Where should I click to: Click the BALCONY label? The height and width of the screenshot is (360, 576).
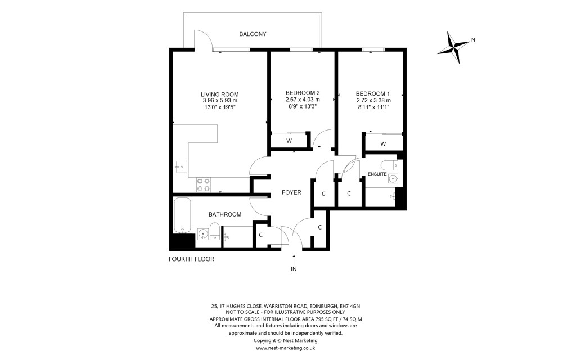253,34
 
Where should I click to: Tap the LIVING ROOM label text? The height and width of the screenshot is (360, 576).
220,94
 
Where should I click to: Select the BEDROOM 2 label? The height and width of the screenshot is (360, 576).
302,93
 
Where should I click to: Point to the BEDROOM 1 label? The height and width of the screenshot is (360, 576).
373,93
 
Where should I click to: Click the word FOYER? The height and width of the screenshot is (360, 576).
291,192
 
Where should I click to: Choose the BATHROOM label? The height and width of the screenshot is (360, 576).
225,214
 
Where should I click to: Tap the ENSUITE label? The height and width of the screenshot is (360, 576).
377,174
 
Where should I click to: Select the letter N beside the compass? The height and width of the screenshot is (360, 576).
474,39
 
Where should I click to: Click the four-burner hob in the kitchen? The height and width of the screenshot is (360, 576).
204,184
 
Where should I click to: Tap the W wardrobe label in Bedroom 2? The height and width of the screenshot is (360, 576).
289,141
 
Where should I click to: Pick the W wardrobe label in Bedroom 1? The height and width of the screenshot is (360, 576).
383,143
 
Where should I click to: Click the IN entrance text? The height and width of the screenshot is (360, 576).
294,269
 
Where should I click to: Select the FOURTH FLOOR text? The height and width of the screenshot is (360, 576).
192,259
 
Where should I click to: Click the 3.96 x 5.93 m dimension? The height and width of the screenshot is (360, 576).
220,100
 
